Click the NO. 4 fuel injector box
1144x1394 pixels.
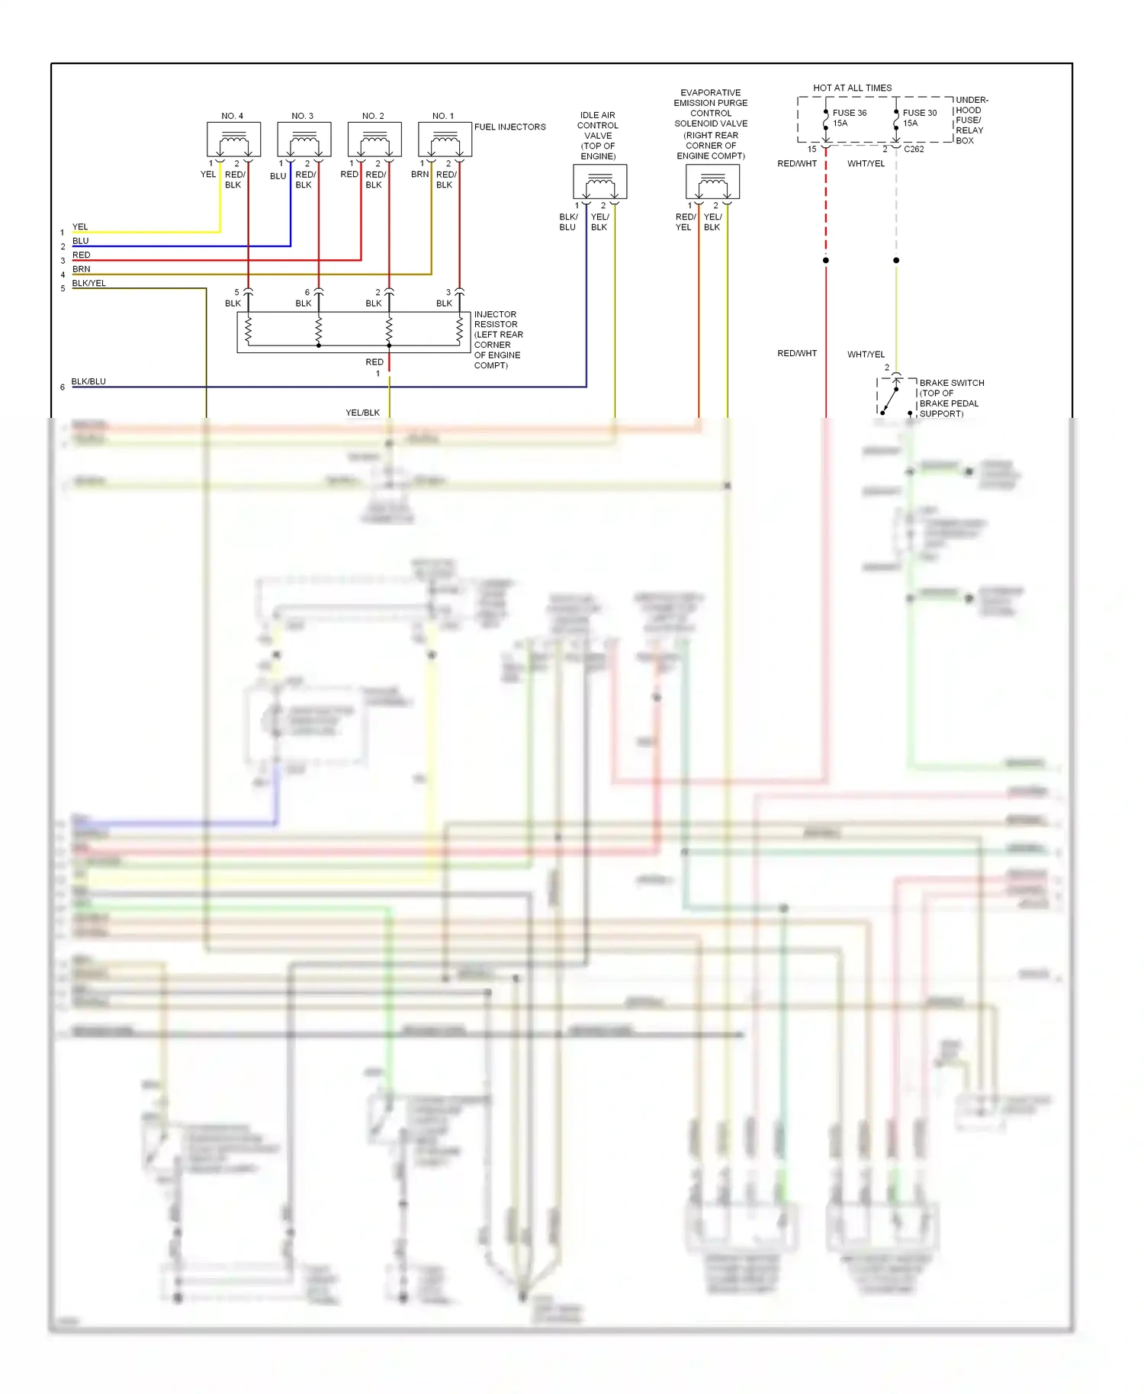[x=233, y=140]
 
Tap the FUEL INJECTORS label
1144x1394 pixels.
[x=509, y=127]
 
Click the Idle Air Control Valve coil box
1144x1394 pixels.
[x=599, y=181]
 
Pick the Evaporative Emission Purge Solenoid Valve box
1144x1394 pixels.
[x=712, y=181]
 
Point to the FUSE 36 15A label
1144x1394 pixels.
[x=849, y=117]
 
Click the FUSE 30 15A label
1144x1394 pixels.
[x=919, y=117]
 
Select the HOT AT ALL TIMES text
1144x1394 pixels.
[x=852, y=88]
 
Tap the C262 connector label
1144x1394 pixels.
[x=914, y=149]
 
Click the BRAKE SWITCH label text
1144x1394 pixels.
[x=951, y=383]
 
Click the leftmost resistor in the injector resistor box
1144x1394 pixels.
[x=248, y=329]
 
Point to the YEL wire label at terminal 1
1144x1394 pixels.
[x=80, y=226]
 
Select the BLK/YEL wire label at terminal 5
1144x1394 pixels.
[x=88, y=283]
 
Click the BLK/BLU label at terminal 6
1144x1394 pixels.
[x=88, y=381]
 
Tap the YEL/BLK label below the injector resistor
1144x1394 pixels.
[x=362, y=413]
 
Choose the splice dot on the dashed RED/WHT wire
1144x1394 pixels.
[x=825, y=260]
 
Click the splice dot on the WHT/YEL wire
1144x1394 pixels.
[x=896, y=260]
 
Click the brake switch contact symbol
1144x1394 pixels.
[x=889, y=400]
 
